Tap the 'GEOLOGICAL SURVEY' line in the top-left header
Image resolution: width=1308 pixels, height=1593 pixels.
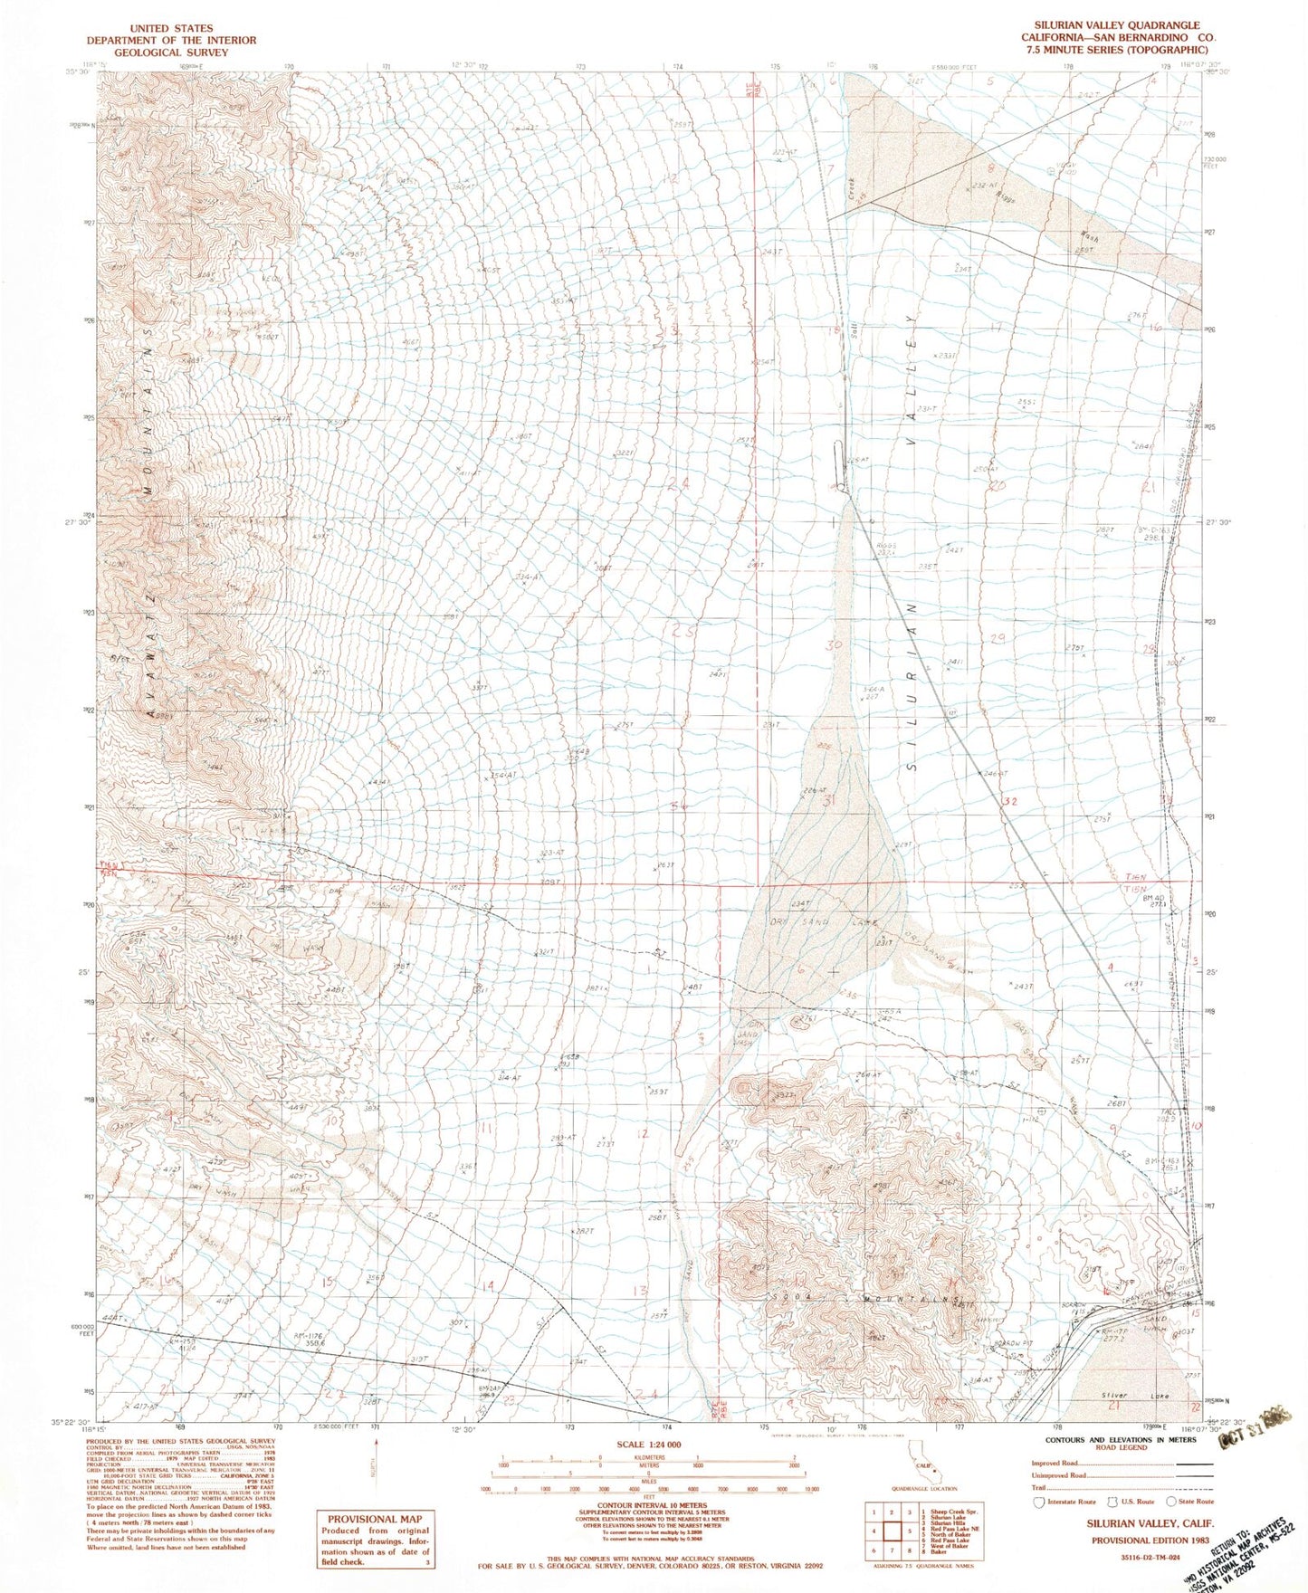point(171,52)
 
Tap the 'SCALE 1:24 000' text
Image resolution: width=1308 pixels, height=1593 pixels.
point(648,1445)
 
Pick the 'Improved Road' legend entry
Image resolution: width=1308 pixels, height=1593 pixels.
point(1055,1463)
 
